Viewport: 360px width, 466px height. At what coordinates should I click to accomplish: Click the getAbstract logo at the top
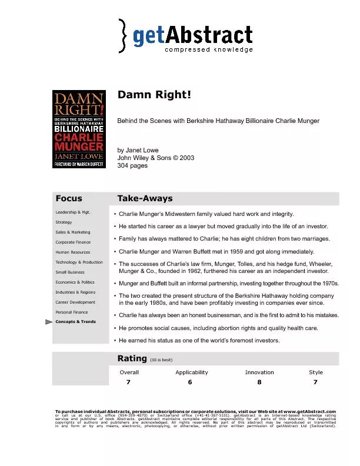pyautogui.click(x=186, y=35)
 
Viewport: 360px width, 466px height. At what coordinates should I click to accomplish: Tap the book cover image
pyautogui.click(x=79, y=129)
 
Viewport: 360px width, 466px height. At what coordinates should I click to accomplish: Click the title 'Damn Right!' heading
pyautogui.click(x=155, y=95)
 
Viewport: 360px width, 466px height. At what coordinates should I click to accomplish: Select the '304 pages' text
pyautogui.click(x=133, y=166)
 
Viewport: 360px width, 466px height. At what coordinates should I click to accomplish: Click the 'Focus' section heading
pyautogui.click(x=69, y=198)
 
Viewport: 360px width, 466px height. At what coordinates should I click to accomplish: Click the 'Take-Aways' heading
pyautogui.click(x=145, y=198)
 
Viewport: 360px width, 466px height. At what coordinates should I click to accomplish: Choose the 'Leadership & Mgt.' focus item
pyautogui.click(x=72, y=212)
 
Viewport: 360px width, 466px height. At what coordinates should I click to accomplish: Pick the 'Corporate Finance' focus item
pyautogui.click(x=73, y=242)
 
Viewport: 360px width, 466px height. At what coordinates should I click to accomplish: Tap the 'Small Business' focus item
pyautogui.click(x=70, y=272)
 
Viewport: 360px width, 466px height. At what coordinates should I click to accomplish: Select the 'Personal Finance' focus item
pyautogui.click(x=71, y=312)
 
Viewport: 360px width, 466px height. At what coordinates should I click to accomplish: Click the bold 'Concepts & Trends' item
pyautogui.click(x=75, y=322)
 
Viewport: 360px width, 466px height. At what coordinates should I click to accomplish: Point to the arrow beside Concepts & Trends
pyautogui.click(x=49, y=322)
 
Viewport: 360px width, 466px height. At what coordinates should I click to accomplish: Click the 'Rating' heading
pyautogui.click(x=132, y=358)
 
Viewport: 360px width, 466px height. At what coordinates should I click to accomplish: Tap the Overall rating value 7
pyautogui.click(x=128, y=382)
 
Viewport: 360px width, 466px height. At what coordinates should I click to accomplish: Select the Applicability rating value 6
pyautogui.click(x=190, y=382)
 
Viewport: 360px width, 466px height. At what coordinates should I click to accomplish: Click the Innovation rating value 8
pyautogui.click(x=259, y=382)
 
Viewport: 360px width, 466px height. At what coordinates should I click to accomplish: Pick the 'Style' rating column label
pyautogui.click(x=316, y=372)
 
